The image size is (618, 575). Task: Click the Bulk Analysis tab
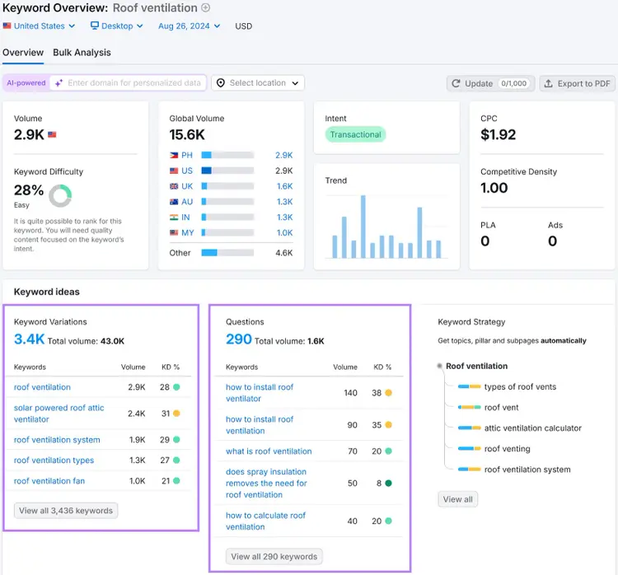coord(82,53)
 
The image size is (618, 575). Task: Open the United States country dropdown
coord(39,26)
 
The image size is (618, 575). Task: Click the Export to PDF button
coord(577,83)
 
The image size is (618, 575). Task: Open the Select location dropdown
coord(258,82)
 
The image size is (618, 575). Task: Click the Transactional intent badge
coord(355,134)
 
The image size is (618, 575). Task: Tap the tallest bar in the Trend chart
coord(363,227)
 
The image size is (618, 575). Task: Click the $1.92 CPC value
coord(498,135)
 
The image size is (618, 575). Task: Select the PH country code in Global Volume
coord(187,155)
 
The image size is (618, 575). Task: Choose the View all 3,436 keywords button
coord(66,511)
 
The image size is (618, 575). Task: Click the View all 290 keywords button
coord(274,557)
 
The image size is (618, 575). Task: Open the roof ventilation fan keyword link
coord(49,481)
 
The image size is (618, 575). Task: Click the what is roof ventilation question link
coord(269,451)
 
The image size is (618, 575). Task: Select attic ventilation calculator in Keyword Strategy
coord(533,428)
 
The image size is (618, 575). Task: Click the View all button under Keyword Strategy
coord(457,499)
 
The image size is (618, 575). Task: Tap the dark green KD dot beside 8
coord(388,484)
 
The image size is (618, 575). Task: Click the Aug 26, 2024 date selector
coord(189,26)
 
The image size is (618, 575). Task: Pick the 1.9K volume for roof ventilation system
coord(137,440)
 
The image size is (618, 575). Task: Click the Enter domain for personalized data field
coord(134,82)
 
